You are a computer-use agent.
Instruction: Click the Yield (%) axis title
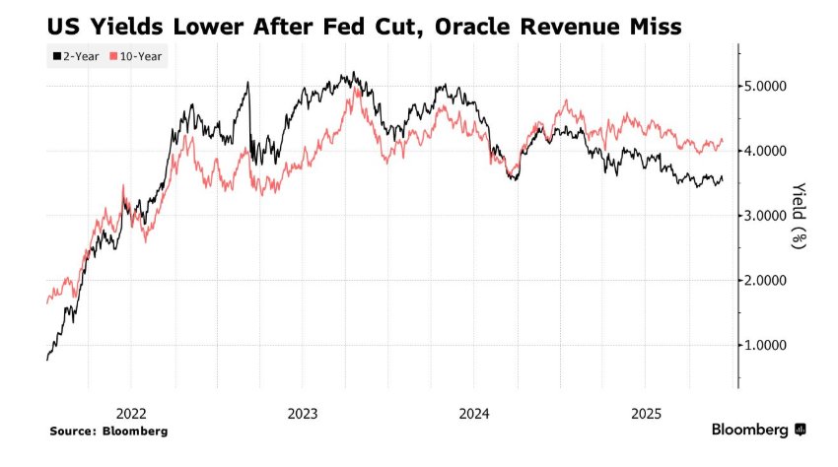(x=798, y=216)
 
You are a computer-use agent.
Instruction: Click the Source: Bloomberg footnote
(x=109, y=431)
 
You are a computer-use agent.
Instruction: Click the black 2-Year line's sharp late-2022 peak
(x=248, y=83)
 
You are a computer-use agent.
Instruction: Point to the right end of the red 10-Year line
(x=724, y=140)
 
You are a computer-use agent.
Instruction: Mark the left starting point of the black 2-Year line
(x=47, y=360)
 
